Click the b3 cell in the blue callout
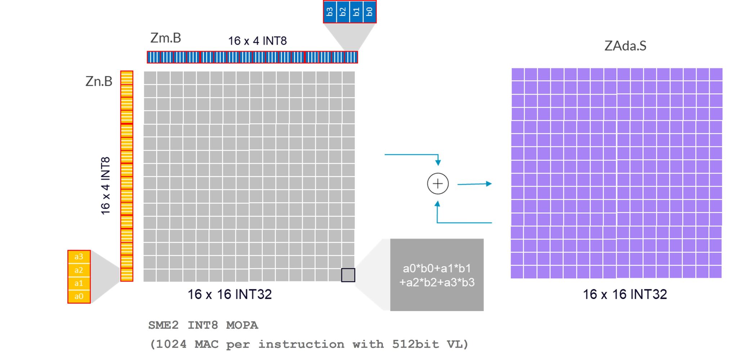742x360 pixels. pos(330,12)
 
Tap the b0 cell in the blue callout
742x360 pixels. pos(370,12)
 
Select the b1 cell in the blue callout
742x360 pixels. pos(356,12)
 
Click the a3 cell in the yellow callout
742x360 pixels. pos(79,257)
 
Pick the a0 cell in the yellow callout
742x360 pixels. pos(79,296)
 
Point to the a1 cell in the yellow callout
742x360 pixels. pos(79,283)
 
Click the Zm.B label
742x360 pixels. pos(166,38)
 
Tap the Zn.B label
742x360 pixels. pos(99,81)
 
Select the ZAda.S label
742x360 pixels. pos(625,46)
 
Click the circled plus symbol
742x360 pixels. pos(438,184)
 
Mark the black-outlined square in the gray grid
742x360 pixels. pos(348,275)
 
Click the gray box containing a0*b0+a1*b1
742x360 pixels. pos(437,275)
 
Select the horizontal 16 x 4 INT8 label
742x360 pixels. pos(257,41)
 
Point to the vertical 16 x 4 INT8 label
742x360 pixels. pos(105,186)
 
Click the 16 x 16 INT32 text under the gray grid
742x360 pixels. pos(229,294)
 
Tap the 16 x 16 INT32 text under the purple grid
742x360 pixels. pos(625,294)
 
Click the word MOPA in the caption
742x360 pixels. pos(242,325)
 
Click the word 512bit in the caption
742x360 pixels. pos(415,345)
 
